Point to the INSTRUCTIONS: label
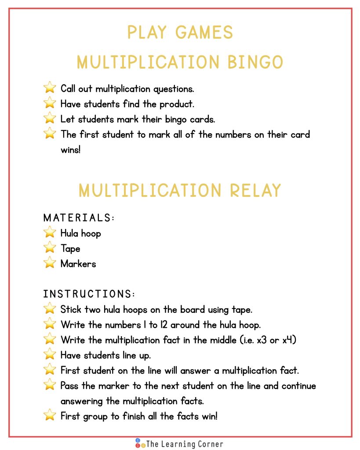pyautogui.click(x=89, y=294)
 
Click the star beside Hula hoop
pyautogui.click(x=50, y=232)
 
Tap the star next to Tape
pyautogui.click(x=50, y=248)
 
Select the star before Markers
pyautogui.click(x=50, y=263)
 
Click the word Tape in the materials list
pyautogui.click(x=70, y=248)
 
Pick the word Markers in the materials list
pyautogui.click(x=78, y=264)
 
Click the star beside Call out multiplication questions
pyautogui.click(x=50, y=88)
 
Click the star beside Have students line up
pyautogui.click(x=50, y=355)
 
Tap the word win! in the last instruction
pyautogui.click(x=208, y=416)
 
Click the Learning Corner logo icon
pyautogui.click(x=140, y=443)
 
